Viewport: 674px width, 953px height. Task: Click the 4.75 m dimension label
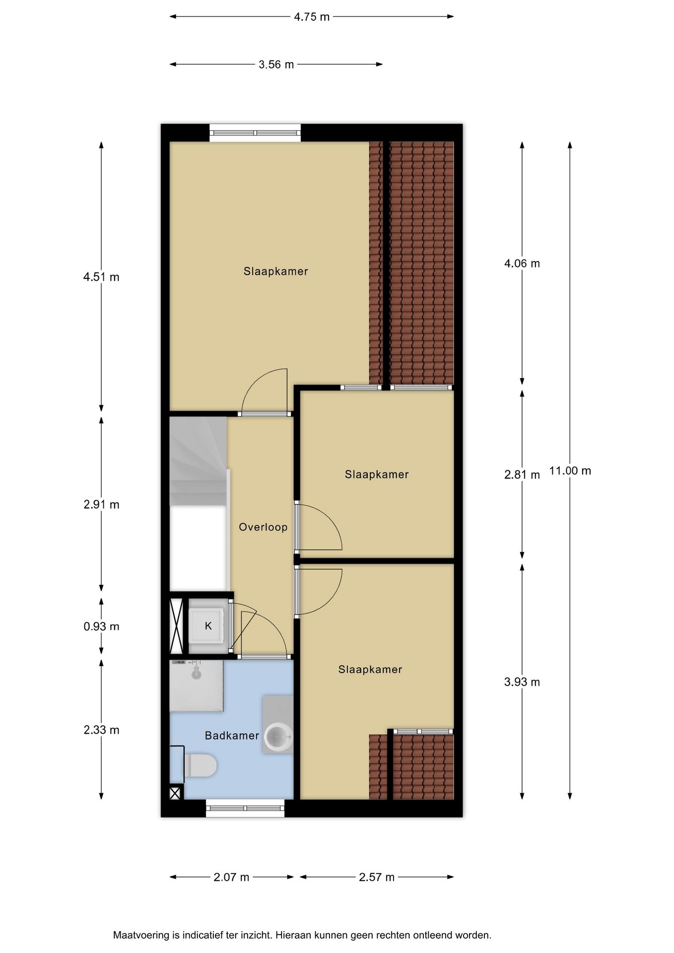tap(312, 17)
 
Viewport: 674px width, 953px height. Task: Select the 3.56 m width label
tap(276, 65)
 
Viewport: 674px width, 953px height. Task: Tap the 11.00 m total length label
tap(570, 471)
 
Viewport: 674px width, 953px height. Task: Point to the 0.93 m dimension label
tap(101, 626)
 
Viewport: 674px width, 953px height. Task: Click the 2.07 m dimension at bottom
tap(231, 877)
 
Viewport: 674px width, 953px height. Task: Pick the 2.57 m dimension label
tap(377, 877)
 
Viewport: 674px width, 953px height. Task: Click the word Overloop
tap(263, 527)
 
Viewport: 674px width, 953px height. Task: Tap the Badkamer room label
tap(232, 736)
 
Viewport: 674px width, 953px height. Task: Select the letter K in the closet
tap(208, 626)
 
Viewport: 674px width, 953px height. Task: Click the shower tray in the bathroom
tap(197, 686)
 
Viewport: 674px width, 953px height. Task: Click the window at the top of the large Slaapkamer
tap(255, 133)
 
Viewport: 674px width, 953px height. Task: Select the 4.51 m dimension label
tap(101, 277)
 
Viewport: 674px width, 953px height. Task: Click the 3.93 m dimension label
tap(522, 682)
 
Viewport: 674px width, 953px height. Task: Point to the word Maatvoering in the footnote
tap(141, 935)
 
